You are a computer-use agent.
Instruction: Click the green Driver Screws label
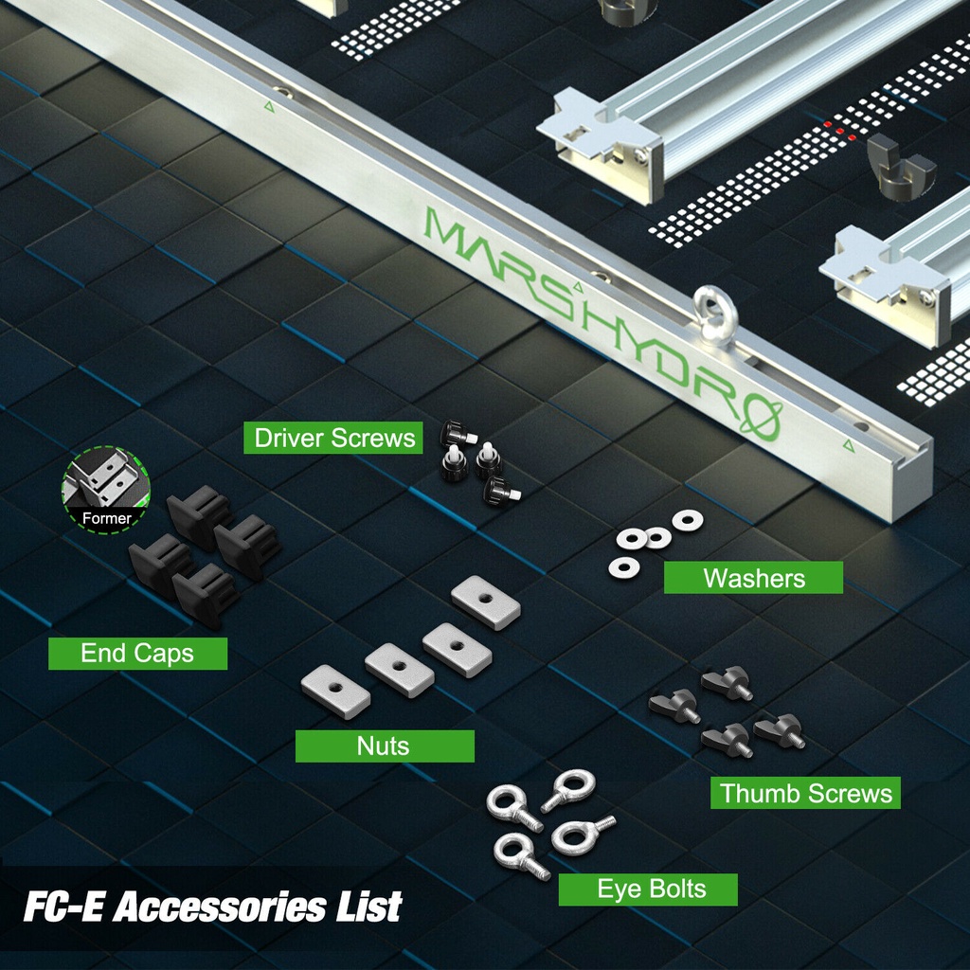[332, 438]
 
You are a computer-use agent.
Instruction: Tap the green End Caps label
[138, 654]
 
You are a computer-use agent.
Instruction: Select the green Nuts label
[385, 746]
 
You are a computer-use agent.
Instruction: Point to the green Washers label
[753, 578]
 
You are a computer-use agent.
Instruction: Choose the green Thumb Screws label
[805, 793]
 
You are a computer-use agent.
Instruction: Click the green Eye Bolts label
[648, 889]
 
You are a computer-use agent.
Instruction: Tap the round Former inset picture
[106, 490]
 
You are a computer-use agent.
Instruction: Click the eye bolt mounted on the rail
[715, 313]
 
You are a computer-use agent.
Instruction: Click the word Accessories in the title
[220, 907]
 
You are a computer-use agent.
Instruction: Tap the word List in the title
[370, 907]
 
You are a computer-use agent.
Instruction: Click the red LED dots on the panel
[839, 131]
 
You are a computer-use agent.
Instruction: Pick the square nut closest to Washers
[486, 602]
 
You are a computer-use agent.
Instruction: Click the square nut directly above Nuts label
[399, 671]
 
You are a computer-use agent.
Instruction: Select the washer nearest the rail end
[688, 520]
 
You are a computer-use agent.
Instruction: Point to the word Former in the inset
[106, 518]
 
